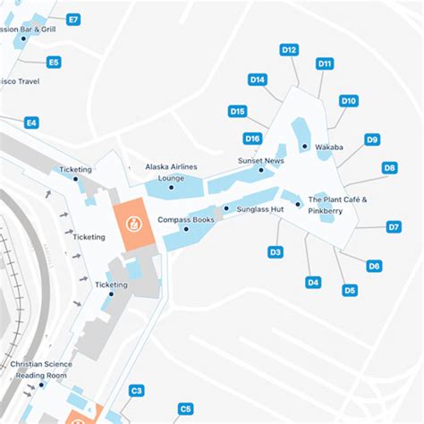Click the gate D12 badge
coord(289,50)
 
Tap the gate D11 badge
coord(326,64)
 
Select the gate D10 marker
coord(349,101)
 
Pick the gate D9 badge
coord(372,139)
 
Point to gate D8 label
coord(390,167)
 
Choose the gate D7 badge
coord(394,227)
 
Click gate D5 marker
coord(350,290)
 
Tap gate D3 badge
coord(276,252)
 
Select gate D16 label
coord(253,139)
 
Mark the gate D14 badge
coord(258,80)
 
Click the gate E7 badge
coord(73,19)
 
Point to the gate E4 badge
coord(31,123)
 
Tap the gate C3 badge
coord(137,390)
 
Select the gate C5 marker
coord(185,409)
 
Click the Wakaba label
coord(329,147)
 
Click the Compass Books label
coord(185,219)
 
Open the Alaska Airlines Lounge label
coord(171,173)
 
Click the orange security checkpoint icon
coord(132,221)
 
